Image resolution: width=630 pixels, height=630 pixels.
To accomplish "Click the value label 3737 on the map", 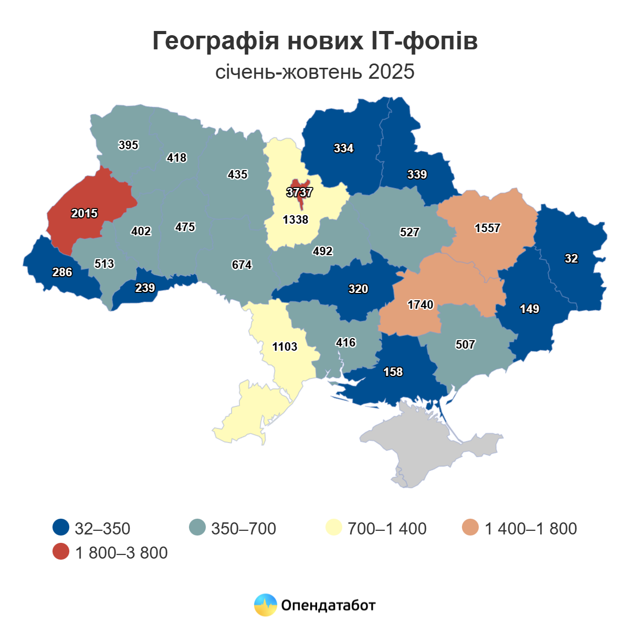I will point(299,192).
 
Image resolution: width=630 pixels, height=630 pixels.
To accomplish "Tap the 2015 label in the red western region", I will point(85,213).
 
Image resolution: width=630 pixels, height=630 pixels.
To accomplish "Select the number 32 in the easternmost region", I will point(571,258).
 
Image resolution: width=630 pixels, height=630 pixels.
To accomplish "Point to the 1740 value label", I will point(420,304).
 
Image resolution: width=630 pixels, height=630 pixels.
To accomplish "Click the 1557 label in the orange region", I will point(487,228).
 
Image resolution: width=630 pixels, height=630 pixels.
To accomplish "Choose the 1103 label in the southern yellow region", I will point(285,346).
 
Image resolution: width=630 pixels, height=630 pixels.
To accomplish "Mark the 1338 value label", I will point(296,219).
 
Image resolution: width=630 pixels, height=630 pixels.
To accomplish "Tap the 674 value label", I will point(241,265).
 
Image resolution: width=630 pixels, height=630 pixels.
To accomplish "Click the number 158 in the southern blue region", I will point(393,372).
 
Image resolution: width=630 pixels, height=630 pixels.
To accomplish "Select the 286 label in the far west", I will point(62,272).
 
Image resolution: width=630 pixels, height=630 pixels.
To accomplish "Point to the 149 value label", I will point(529,309).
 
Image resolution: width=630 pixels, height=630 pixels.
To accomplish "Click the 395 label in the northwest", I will point(128,145).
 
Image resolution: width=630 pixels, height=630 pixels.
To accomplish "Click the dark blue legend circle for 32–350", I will point(61,528).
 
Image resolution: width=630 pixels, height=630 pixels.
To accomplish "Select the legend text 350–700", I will point(244,528).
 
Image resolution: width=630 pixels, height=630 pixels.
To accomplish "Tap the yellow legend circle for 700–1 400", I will point(334,528).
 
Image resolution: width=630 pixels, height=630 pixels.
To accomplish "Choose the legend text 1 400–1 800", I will point(530,528).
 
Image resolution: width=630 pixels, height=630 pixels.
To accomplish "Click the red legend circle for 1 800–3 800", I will point(61,552).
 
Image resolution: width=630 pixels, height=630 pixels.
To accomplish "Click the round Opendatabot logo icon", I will point(265,605).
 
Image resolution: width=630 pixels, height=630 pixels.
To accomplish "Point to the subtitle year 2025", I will point(391,71).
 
